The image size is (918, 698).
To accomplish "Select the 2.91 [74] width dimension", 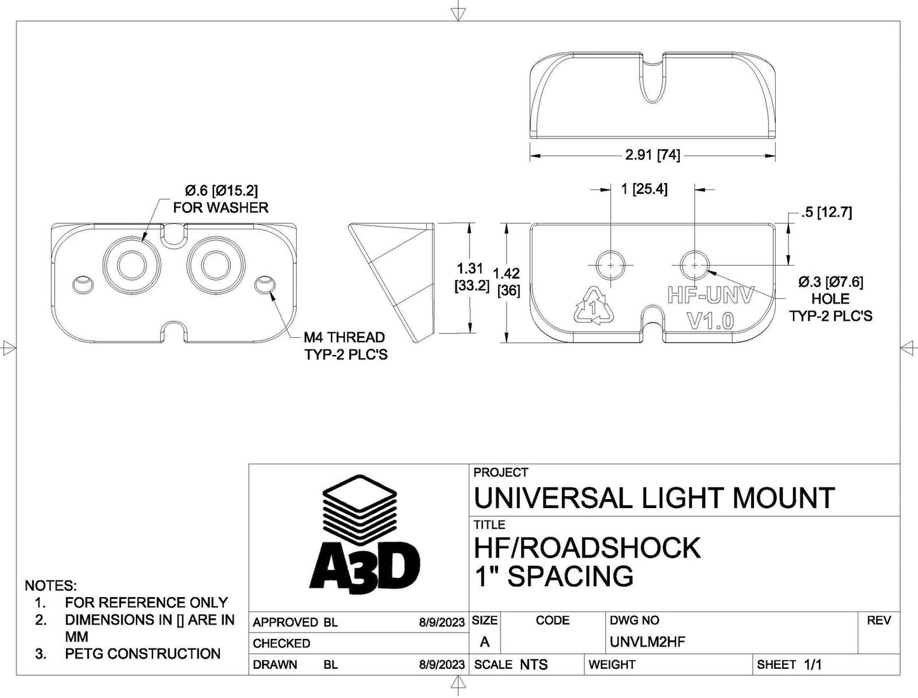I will (x=652, y=154).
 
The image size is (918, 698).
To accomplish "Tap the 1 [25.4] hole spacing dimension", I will (x=644, y=189).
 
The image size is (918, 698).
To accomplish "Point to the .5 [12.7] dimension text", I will (x=826, y=212).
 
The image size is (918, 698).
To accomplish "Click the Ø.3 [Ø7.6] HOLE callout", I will (x=830, y=298).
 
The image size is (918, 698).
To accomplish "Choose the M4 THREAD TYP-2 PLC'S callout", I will (x=345, y=346).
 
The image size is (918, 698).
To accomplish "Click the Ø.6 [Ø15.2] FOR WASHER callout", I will (x=220, y=198).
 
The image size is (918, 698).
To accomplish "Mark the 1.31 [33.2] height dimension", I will (x=471, y=277).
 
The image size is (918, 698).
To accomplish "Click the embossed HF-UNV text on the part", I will (x=710, y=295).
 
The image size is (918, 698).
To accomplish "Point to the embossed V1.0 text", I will (x=711, y=321).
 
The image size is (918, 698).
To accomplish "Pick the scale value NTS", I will (x=533, y=664).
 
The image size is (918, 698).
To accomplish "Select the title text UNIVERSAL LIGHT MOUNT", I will (x=654, y=498).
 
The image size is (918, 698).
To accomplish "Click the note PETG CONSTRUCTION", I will (x=142, y=654).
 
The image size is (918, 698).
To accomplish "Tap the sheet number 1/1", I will (x=813, y=664).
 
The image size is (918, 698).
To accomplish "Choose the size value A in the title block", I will (x=485, y=642).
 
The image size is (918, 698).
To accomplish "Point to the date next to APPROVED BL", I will (x=442, y=622).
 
